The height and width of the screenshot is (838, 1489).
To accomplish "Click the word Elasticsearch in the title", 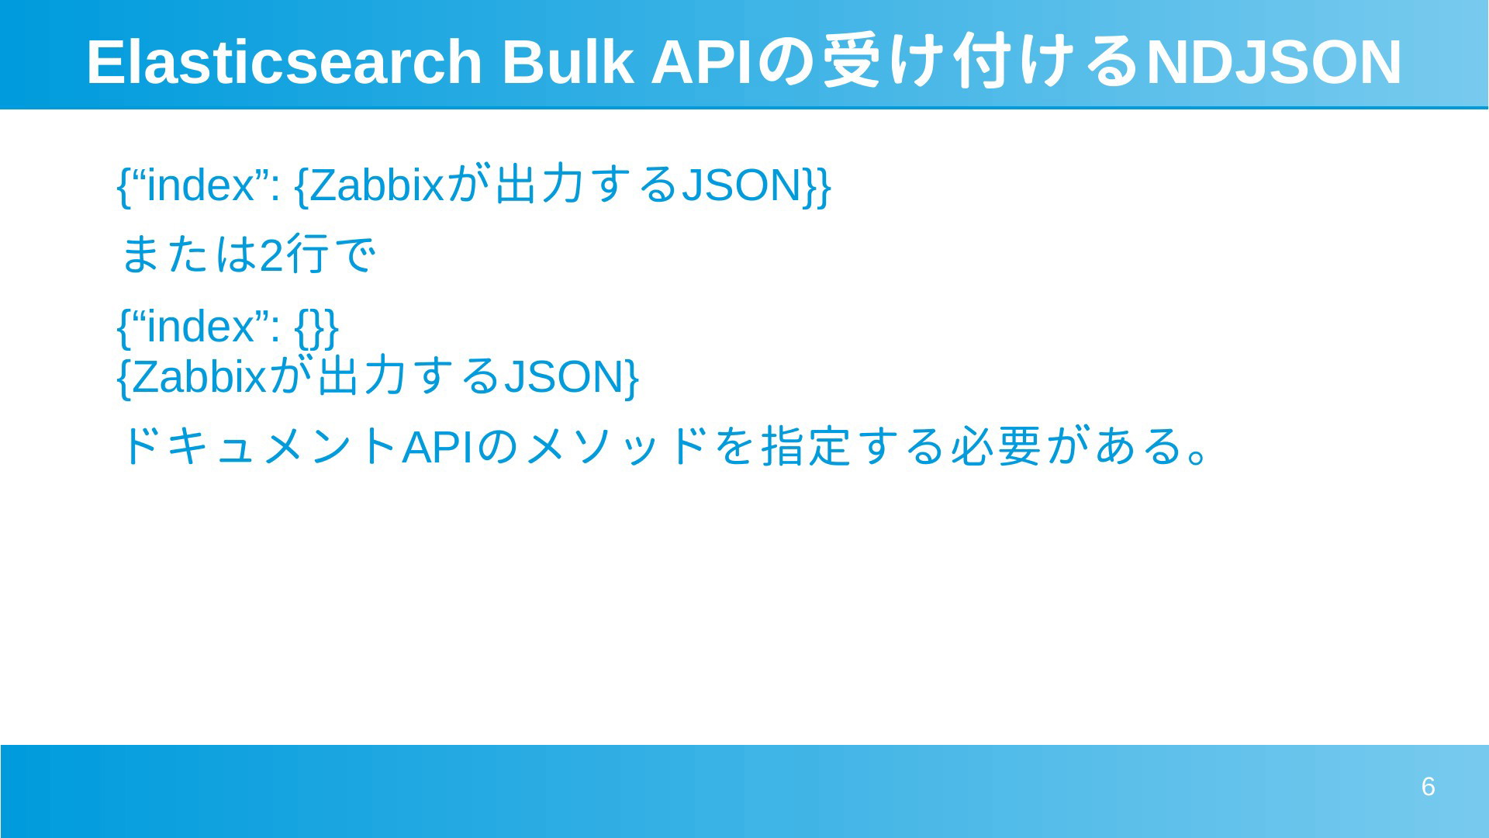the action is coord(285,61).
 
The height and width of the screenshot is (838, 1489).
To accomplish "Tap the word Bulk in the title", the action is coord(567,61).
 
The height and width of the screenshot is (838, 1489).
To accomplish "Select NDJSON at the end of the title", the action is coord(1273,62).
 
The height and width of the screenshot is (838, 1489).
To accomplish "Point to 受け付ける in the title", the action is coord(980,61).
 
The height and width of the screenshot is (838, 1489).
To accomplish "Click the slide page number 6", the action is coord(1428,787).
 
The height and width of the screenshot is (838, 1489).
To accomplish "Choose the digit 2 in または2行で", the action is coord(271,255).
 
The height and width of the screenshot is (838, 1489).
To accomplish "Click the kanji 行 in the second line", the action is coord(307,255).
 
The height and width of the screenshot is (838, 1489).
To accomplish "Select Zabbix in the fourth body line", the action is coord(200,376).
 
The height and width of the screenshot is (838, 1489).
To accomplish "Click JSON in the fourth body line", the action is coord(564,376).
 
